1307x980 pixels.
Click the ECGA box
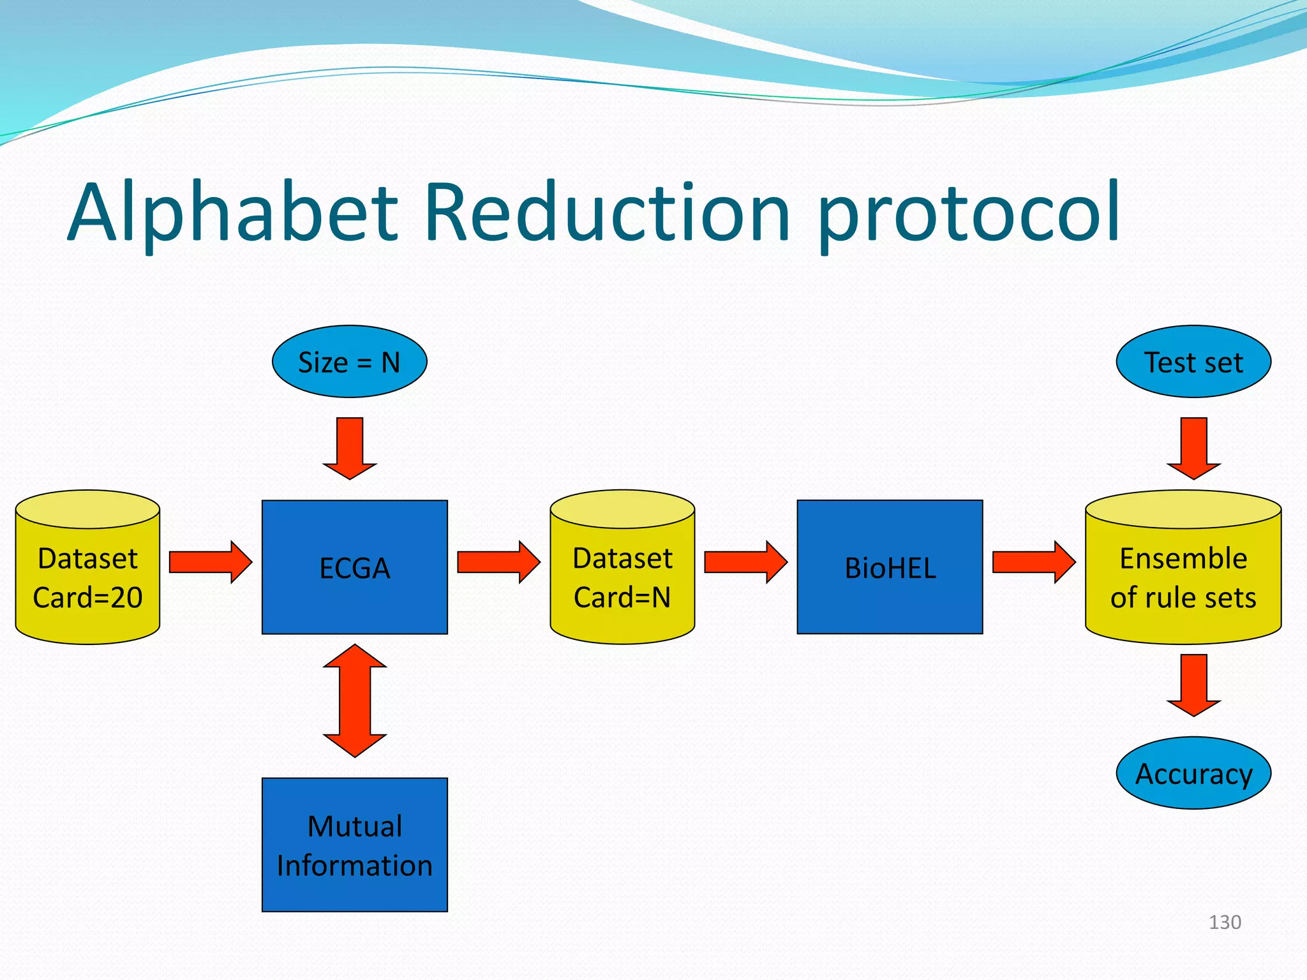click(354, 567)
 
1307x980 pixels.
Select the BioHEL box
click(890, 567)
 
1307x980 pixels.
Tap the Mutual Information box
click(354, 845)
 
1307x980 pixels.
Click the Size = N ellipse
click(349, 362)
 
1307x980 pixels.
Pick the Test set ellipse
click(1193, 362)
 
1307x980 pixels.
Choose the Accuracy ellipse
click(1193, 773)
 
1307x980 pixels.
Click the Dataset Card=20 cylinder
click(87, 577)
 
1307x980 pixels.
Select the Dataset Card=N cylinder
click(622, 577)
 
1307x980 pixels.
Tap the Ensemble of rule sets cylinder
click(1183, 577)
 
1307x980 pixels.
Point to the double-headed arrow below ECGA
click(355, 701)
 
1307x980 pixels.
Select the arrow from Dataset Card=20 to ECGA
click(210, 562)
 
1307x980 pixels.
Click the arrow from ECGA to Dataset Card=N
click(498, 562)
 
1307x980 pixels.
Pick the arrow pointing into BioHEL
click(745, 562)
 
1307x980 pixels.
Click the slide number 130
click(1225, 922)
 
